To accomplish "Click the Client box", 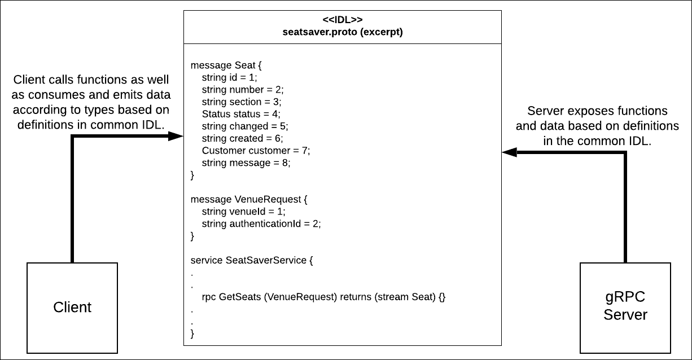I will (x=72, y=308).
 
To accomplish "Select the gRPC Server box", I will (x=625, y=308).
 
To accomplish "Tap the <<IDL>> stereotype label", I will (x=343, y=20).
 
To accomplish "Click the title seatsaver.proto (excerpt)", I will (x=343, y=32).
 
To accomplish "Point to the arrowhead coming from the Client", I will (x=178, y=136).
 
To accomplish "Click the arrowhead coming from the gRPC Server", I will (x=509, y=152).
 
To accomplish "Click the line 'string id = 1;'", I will (x=229, y=78).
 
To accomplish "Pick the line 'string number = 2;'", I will (x=243, y=90).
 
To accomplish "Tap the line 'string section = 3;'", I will (x=242, y=102).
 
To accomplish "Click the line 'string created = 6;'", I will (x=243, y=138).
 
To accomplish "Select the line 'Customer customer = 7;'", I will (x=256, y=151).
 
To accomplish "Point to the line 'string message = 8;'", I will (x=246, y=163).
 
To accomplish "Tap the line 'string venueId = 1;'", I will (x=244, y=212).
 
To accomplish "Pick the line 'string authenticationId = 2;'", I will (x=261, y=223).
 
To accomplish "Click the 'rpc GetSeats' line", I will (x=323, y=296).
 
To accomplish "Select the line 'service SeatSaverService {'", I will (x=252, y=260).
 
